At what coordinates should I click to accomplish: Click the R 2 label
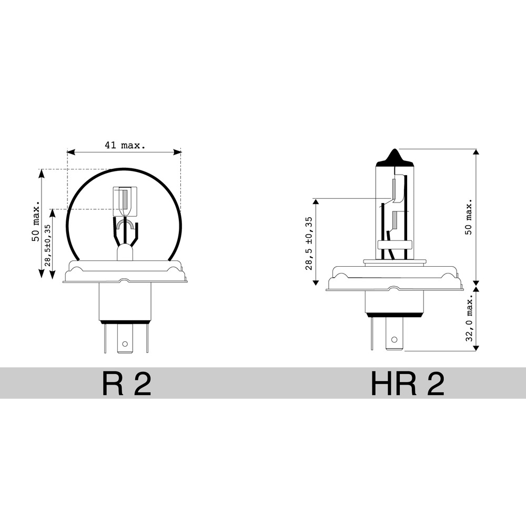click(126, 383)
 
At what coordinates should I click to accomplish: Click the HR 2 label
click(408, 383)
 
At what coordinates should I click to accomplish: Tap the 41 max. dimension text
click(125, 145)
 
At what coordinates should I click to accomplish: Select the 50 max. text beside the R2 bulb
click(36, 221)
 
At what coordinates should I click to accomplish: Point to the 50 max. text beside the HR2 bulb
click(468, 216)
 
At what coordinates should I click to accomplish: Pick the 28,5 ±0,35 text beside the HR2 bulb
click(309, 243)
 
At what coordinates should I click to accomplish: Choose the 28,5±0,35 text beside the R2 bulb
click(47, 245)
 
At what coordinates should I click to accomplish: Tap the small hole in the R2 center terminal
click(125, 343)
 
